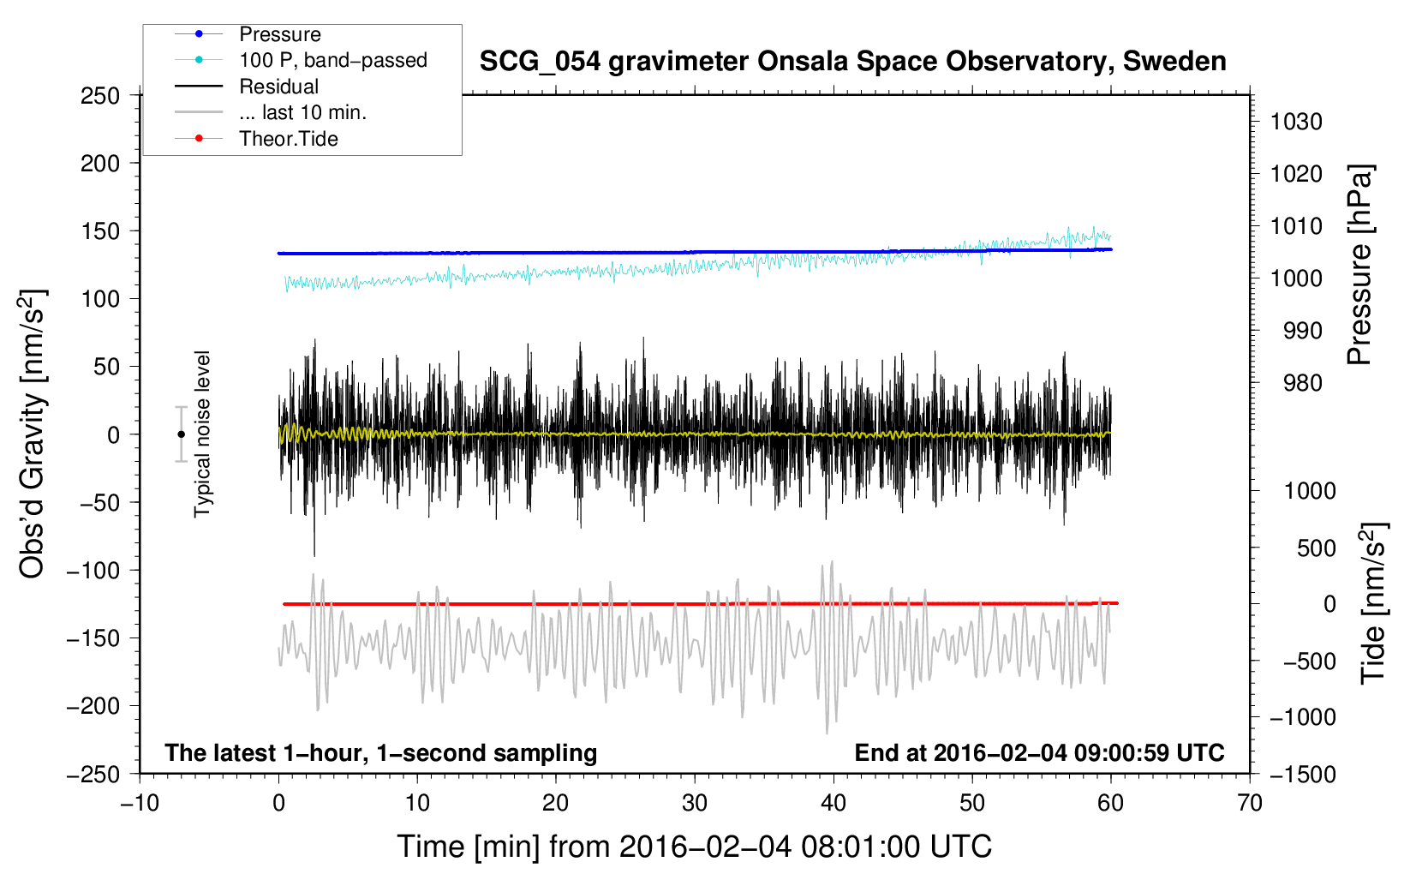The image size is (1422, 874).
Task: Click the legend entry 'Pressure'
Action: coord(280,34)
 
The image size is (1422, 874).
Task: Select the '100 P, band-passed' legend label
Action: coord(333,60)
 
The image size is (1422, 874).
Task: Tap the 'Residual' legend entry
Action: coord(278,87)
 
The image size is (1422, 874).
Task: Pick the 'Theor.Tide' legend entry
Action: coord(288,139)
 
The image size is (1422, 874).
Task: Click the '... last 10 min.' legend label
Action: coord(302,112)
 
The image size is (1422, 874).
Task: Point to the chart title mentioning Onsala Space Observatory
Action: coord(852,62)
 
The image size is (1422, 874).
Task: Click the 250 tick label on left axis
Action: coord(100,96)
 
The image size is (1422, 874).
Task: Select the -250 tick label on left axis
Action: coord(93,775)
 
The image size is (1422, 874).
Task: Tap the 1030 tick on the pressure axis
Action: coord(1296,122)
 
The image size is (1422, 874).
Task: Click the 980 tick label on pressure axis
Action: coord(1303,383)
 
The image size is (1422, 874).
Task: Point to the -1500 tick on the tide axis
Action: coord(1303,775)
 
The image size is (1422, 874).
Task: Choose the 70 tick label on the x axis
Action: coord(1250,803)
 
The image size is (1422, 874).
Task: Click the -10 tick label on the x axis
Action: coord(140,803)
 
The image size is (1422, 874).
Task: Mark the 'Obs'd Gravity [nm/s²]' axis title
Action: coord(32,434)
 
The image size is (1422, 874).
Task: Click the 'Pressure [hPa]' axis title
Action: coord(1359,265)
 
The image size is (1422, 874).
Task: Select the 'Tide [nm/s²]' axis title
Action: coord(1374,603)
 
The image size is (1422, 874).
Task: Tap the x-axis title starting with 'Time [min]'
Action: coord(695,847)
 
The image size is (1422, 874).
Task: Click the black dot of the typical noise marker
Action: coord(181,434)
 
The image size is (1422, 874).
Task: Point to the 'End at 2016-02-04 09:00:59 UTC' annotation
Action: coord(1039,752)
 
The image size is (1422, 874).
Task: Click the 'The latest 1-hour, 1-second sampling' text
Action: coord(381,753)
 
